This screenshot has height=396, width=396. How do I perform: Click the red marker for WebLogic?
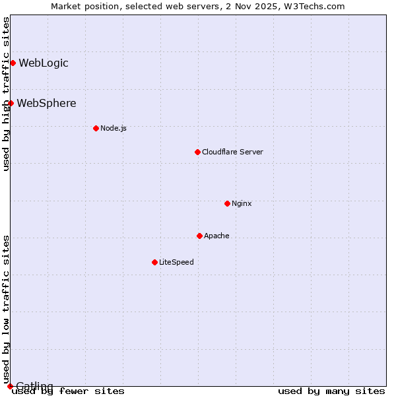13,63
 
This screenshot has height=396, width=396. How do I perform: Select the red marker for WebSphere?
11,104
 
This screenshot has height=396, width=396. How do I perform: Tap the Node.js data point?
96,128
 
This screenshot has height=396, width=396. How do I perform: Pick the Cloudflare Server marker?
197,152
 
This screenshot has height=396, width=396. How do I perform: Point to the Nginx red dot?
227,203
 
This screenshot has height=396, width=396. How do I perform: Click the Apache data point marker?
199,236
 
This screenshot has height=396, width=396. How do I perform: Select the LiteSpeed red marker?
154,262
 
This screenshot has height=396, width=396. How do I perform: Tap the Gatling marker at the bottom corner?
10,386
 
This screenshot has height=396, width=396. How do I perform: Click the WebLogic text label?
44,63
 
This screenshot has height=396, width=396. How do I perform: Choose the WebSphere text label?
46,104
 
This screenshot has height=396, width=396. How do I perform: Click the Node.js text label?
114,128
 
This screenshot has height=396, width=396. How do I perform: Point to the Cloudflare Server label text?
232,152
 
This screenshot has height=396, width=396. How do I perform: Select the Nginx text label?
242,203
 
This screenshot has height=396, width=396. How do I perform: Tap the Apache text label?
216,236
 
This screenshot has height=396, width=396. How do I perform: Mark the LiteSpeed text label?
176,262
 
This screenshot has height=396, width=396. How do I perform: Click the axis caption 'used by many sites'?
331,391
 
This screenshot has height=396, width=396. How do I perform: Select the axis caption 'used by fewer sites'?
68,391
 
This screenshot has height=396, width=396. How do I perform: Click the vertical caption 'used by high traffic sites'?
6,94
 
